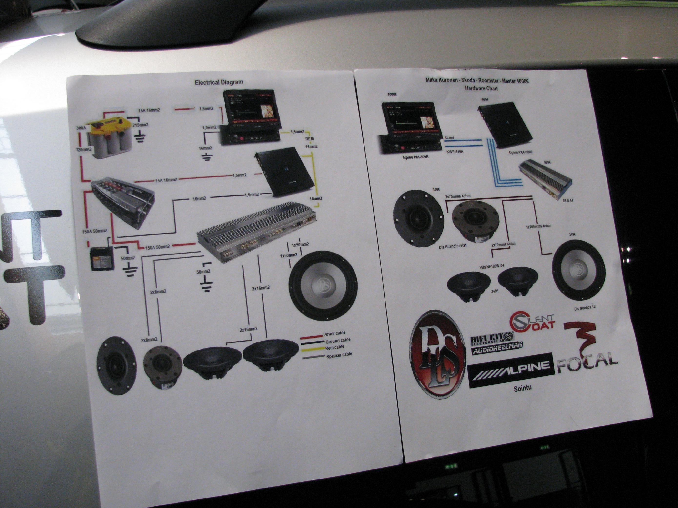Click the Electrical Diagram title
(219, 82)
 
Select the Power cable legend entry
(334, 333)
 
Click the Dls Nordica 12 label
(585, 307)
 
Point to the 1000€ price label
(392, 95)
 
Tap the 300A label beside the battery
(81, 128)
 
